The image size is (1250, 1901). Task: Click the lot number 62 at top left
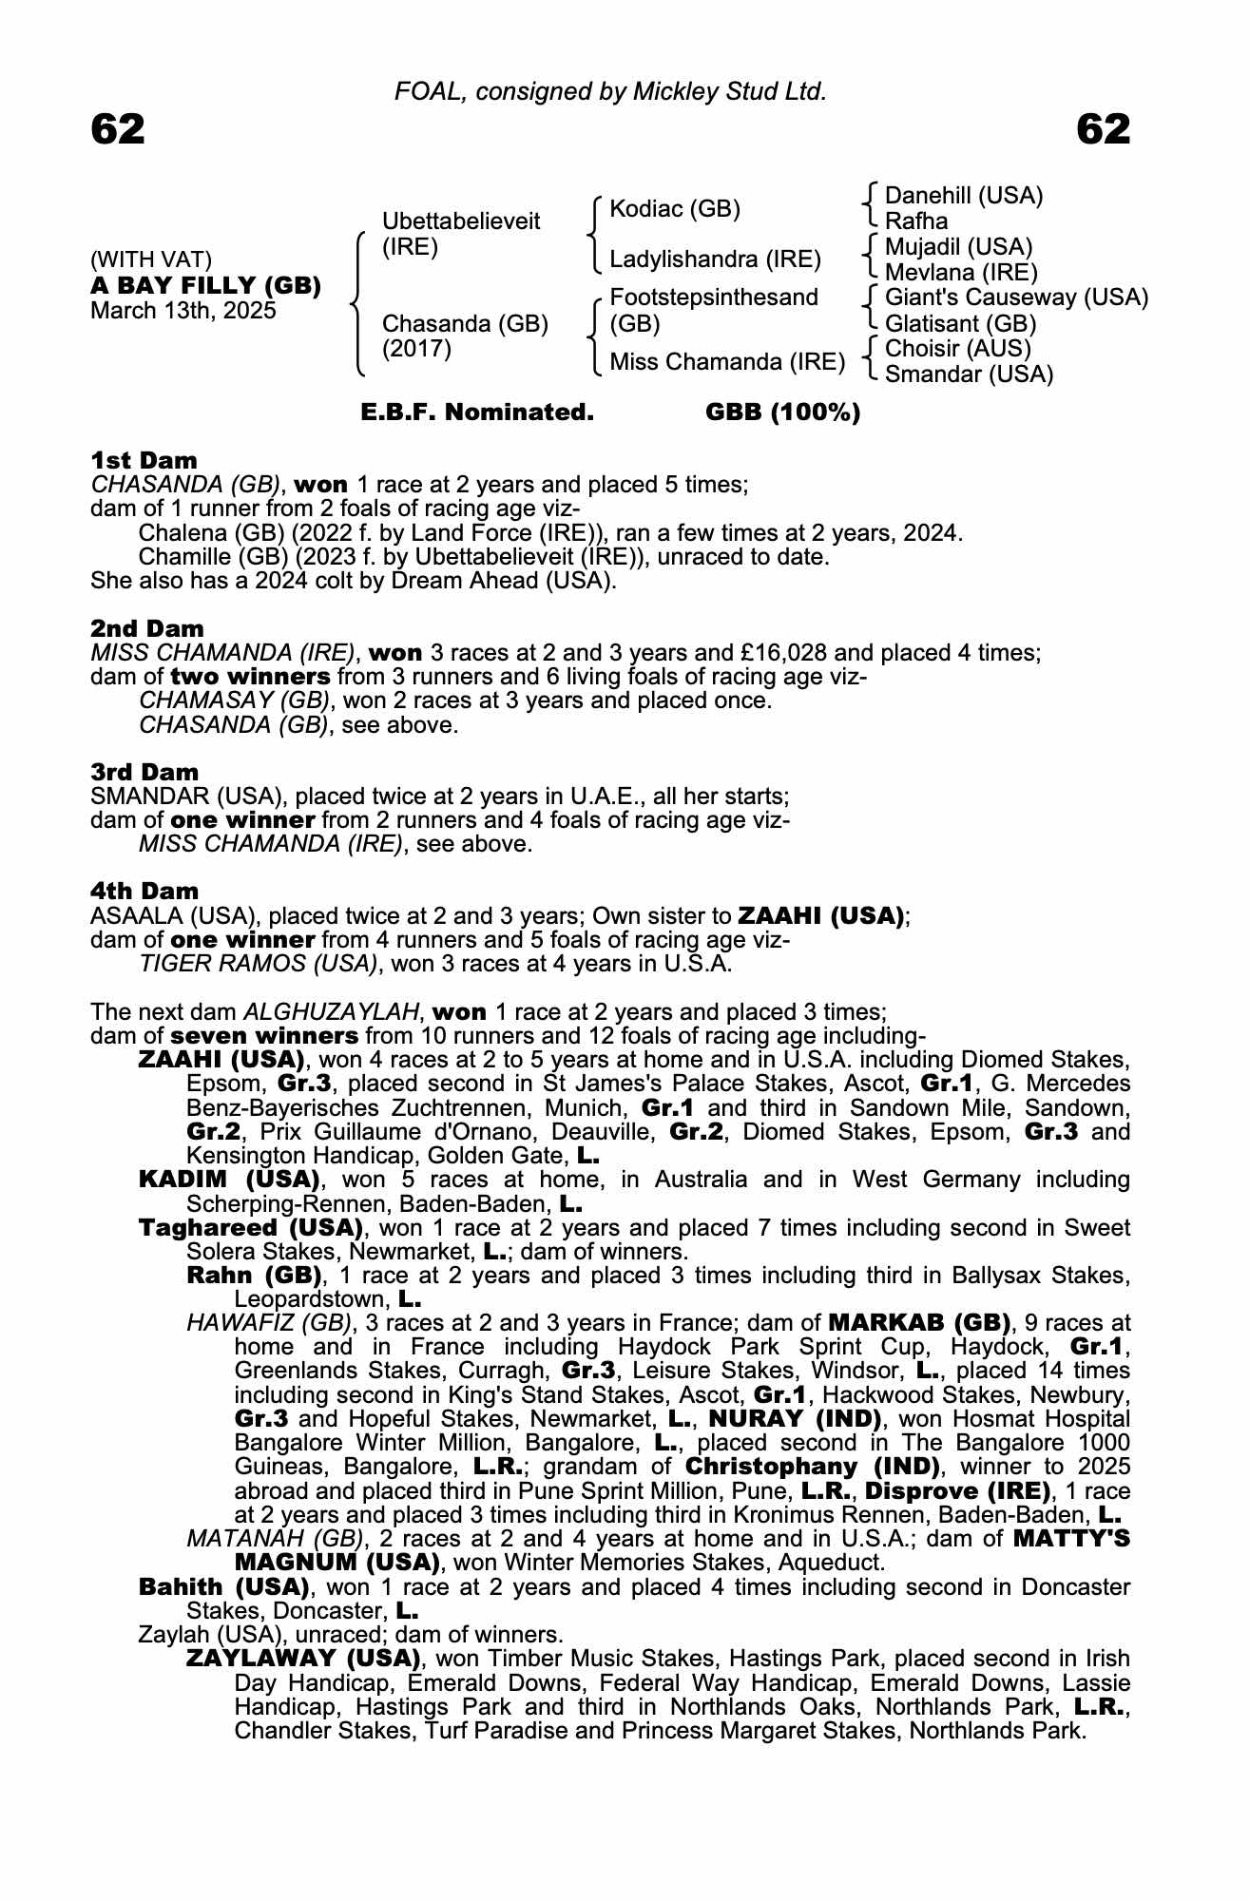(118, 129)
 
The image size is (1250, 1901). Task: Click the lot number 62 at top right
(1104, 129)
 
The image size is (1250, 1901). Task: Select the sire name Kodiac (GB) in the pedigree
(674, 209)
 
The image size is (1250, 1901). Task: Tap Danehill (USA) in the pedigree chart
(963, 196)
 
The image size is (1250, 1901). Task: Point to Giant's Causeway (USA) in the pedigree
(1015, 298)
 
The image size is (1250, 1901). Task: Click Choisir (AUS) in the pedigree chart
(957, 348)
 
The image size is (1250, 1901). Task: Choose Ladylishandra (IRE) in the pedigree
(715, 259)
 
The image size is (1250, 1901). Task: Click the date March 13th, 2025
(183, 311)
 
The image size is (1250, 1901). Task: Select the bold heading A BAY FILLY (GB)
(205, 285)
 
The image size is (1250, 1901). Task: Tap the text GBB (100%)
(782, 413)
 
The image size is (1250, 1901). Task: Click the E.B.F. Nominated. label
(477, 413)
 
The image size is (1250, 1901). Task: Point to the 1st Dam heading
(144, 461)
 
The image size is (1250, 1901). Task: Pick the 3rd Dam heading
(144, 772)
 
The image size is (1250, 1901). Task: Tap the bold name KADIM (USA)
(228, 1180)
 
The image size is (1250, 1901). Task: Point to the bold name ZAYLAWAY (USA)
(303, 1659)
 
